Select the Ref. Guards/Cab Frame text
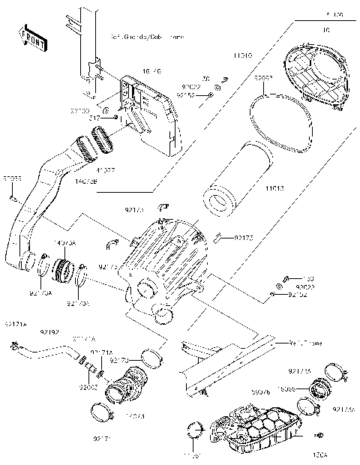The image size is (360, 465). tap(147, 36)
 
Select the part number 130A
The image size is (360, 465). tap(320, 454)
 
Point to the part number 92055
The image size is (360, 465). tap(12, 179)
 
